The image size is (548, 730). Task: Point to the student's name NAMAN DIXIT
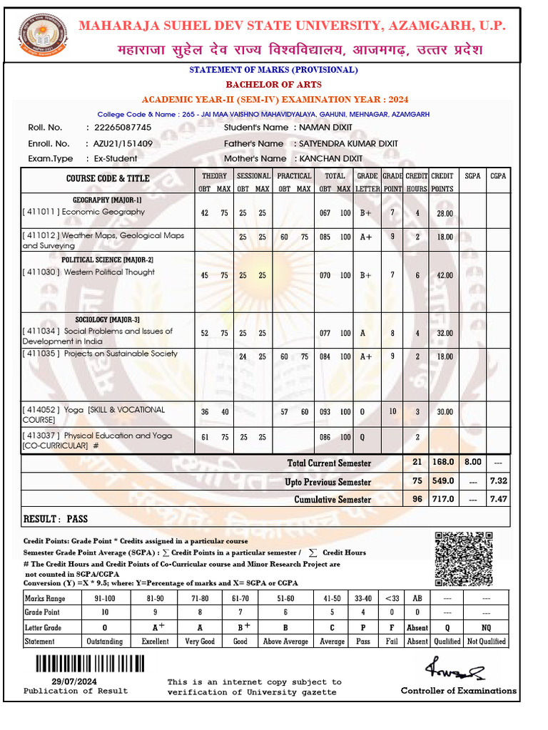pyautogui.click(x=325, y=128)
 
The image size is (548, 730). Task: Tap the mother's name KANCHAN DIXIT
pyautogui.click(x=330, y=158)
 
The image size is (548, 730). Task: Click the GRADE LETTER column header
pyautogui.click(x=367, y=182)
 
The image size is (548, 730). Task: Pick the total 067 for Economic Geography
pyautogui.click(x=326, y=213)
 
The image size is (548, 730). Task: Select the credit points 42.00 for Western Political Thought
pyautogui.click(x=445, y=275)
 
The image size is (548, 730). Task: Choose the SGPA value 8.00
pyautogui.click(x=473, y=463)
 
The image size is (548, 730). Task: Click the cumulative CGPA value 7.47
pyautogui.click(x=498, y=499)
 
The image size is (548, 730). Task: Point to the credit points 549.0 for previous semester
pyautogui.click(x=443, y=481)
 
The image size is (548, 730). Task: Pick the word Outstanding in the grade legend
pyautogui.click(x=104, y=642)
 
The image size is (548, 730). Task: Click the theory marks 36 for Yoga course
pyautogui.click(x=205, y=412)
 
